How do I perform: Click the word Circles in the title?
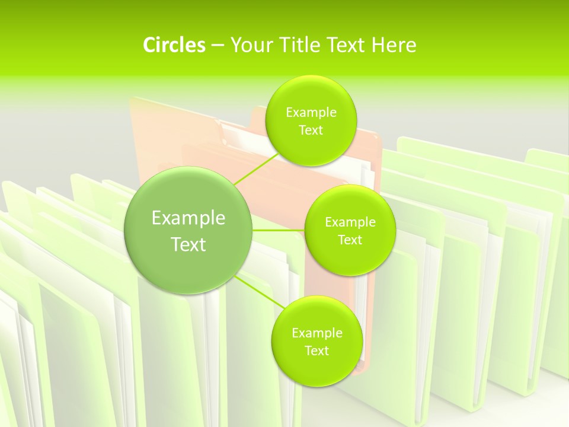click(x=174, y=45)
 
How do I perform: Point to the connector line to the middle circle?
click(x=279, y=230)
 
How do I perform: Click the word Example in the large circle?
click(x=188, y=218)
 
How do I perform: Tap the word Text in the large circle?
click(x=188, y=244)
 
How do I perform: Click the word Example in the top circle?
click(x=311, y=113)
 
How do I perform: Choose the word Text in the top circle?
click(x=311, y=130)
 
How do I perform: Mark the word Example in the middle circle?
click(x=350, y=222)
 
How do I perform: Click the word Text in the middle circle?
click(x=350, y=240)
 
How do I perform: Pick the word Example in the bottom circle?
click(x=317, y=333)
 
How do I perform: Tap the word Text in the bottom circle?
click(x=317, y=351)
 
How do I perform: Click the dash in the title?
click(x=218, y=46)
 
